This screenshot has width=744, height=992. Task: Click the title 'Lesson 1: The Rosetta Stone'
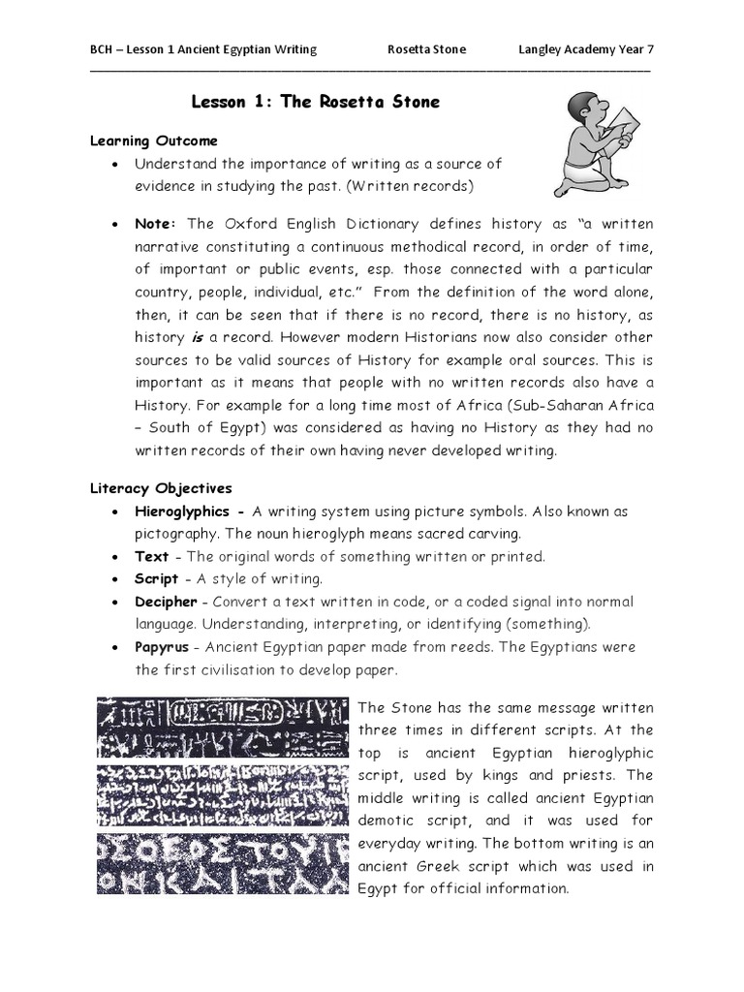tap(316, 103)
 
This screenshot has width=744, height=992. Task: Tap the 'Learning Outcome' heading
tap(154, 141)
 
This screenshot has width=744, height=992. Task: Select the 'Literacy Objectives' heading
tap(161, 488)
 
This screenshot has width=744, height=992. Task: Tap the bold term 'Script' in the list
tap(157, 578)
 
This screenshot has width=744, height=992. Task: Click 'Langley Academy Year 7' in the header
tap(593, 49)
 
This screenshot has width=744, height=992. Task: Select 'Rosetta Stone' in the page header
tap(426, 49)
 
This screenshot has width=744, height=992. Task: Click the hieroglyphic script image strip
tap(222, 728)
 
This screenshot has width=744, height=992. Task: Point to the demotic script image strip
tap(222, 795)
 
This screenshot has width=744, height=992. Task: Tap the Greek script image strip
tap(222, 862)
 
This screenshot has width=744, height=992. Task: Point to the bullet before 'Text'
tap(115, 557)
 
